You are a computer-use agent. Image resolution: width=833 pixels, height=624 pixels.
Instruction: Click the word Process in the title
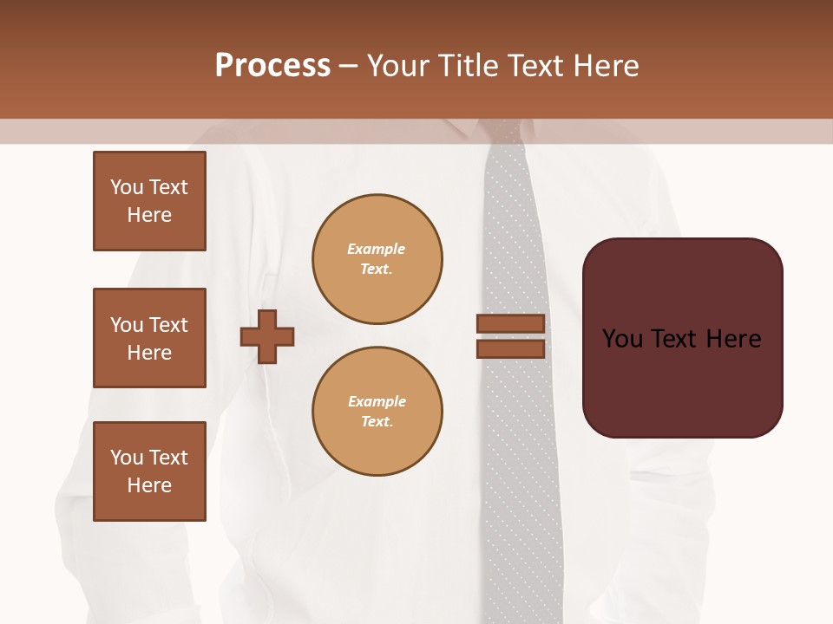(x=272, y=66)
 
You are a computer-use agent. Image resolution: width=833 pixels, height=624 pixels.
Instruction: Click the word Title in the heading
(x=468, y=66)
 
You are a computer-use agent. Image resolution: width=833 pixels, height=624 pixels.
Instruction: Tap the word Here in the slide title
(x=604, y=66)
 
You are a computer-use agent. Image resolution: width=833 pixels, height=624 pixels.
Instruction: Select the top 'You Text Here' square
(x=149, y=201)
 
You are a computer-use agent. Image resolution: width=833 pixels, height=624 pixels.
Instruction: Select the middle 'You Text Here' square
(x=149, y=338)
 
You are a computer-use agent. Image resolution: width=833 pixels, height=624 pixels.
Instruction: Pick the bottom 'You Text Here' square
(x=149, y=471)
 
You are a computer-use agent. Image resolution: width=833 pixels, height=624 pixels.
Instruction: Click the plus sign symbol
(x=267, y=335)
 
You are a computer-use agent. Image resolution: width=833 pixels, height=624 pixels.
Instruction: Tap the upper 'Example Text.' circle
(x=377, y=259)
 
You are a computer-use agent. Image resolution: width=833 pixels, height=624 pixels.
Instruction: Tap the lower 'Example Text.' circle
(x=377, y=412)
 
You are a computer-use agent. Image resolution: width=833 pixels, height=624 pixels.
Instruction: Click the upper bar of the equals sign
(x=511, y=323)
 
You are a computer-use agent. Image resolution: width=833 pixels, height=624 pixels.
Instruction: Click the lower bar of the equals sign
(x=511, y=348)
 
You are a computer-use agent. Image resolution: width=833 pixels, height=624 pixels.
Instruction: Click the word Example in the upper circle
(x=377, y=249)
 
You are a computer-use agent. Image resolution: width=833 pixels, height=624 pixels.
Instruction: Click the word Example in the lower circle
(x=377, y=401)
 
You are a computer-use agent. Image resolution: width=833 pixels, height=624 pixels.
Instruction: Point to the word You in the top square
(x=127, y=187)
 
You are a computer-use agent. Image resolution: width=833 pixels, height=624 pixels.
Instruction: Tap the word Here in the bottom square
(x=149, y=485)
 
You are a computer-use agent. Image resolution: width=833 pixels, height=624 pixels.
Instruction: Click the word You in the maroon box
(x=623, y=339)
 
